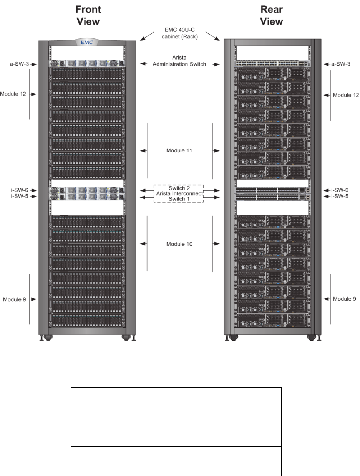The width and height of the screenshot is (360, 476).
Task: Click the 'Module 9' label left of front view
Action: [15, 299]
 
